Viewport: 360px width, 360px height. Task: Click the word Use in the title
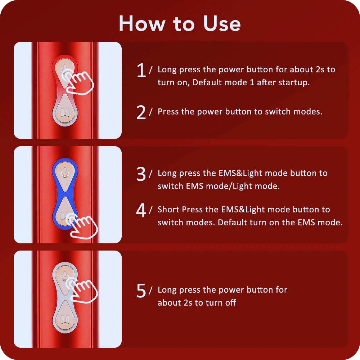[x=222, y=23]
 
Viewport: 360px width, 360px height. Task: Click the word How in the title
[x=142, y=23]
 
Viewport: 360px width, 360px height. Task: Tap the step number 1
[x=141, y=70]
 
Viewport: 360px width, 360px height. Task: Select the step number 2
[x=141, y=112]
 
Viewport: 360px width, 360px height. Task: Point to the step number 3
[x=141, y=174]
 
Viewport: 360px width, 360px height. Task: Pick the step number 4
[x=141, y=210]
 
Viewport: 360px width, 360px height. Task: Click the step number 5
[x=141, y=291]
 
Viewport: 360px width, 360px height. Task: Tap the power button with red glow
[x=64, y=73]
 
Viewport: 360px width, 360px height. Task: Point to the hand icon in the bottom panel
[x=81, y=290]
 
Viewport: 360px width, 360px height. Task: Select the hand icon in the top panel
[x=78, y=82]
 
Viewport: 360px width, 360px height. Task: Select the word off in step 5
[x=230, y=303]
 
